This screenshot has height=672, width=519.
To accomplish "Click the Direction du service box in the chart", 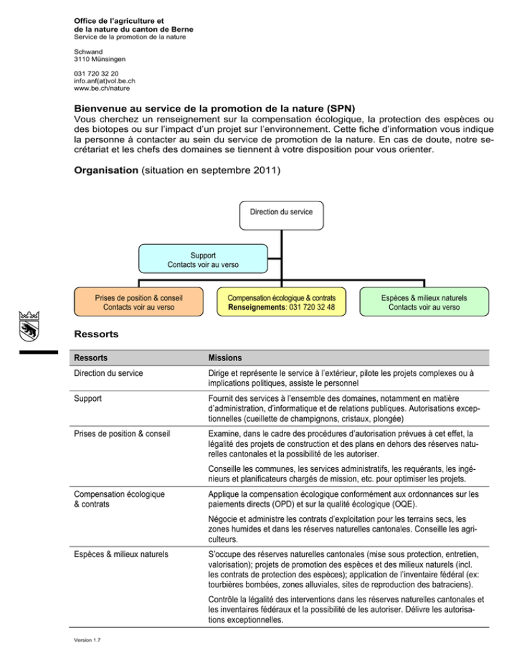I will click(282, 212).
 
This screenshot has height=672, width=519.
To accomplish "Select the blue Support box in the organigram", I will click(203, 260).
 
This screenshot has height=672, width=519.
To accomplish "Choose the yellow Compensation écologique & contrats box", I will click(280, 302).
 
